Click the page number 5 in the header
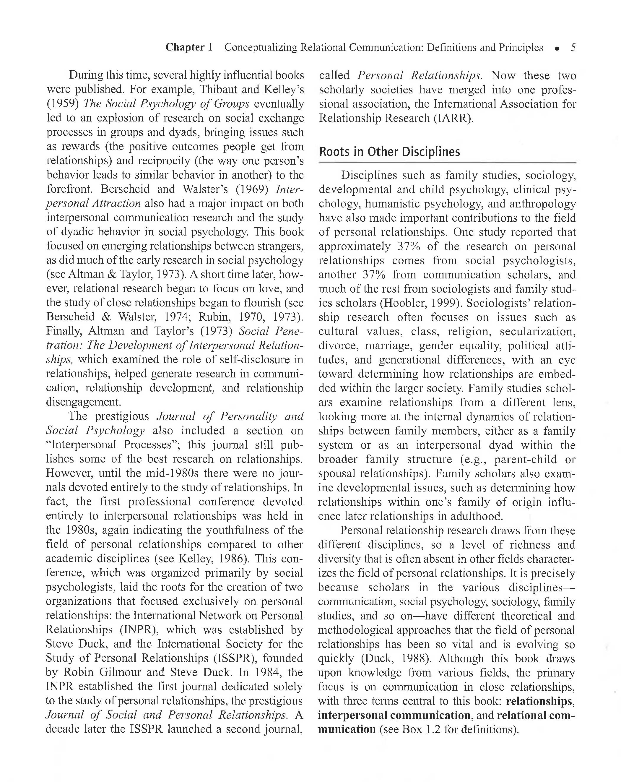[x=573, y=48]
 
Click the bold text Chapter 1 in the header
[x=189, y=47]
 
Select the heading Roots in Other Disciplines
[x=389, y=152]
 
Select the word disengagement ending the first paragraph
[x=83, y=402]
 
